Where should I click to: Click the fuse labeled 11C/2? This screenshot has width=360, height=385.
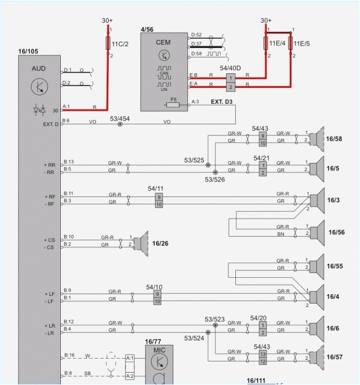click(108, 43)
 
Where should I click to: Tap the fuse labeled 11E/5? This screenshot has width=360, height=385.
click(291, 43)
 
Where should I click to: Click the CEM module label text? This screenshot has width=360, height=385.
click(163, 43)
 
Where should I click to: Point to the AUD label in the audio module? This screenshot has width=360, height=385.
click(38, 69)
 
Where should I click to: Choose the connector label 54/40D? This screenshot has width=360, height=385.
click(230, 69)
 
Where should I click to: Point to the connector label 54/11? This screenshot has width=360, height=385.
click(156, 188)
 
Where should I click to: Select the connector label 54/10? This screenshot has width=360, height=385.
click(155, 287)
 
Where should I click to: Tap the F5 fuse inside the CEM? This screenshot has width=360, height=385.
click(173, 106)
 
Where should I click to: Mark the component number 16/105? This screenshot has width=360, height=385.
click(28, 51)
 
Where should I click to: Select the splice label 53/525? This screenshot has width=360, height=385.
click(194, 160)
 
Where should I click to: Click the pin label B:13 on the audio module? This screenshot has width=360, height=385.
click(68, 162)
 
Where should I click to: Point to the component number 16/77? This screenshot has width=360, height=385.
click(153, 341)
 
